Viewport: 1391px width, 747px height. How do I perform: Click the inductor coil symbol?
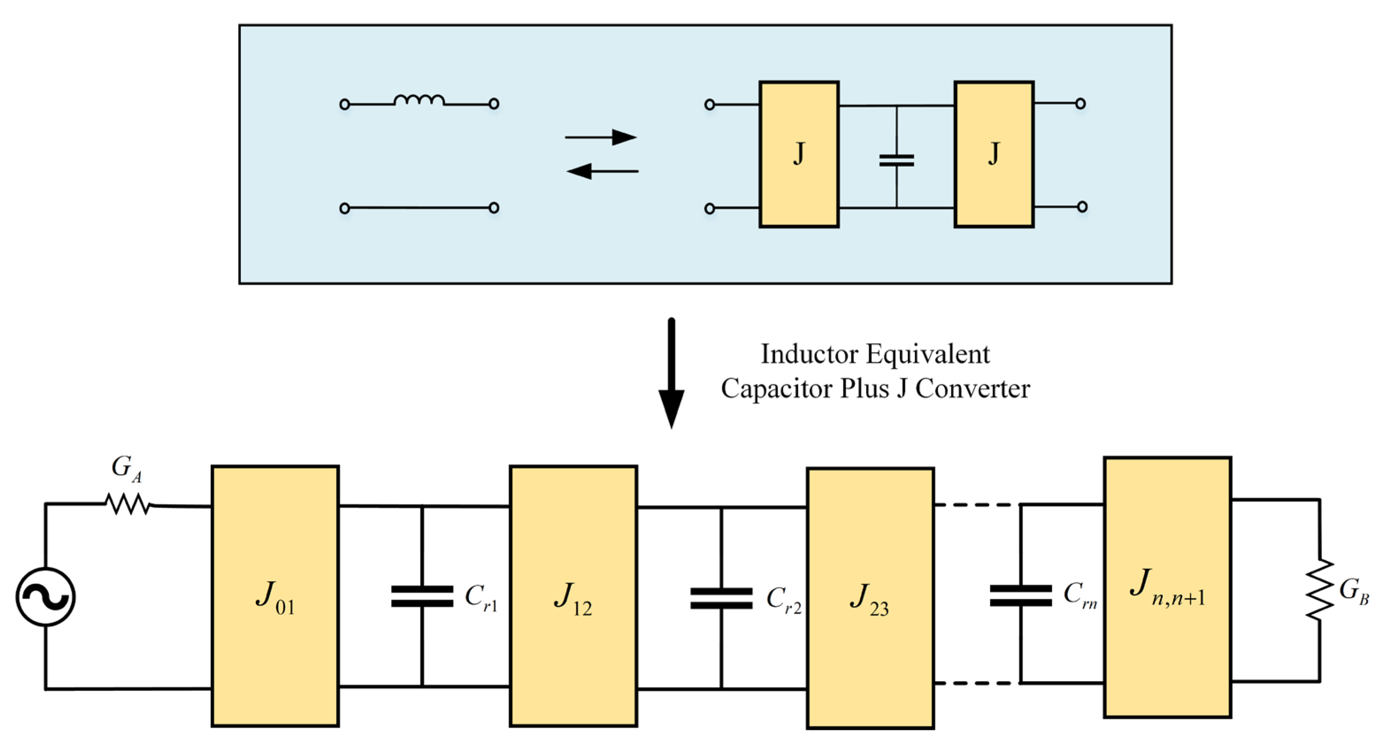tap(419, 100)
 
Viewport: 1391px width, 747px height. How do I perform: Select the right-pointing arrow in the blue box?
tap(601, 138)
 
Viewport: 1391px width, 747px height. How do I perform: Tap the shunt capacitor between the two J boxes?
tap(896, 160)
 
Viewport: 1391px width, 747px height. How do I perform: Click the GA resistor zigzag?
tap(128, 505)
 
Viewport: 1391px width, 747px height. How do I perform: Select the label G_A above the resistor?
tap(126, 467)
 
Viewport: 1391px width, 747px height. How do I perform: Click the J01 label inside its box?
tap(275, 597)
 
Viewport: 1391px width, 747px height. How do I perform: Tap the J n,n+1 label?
tap(1166, 588)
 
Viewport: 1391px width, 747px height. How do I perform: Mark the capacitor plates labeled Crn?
tap(1021, 595)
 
